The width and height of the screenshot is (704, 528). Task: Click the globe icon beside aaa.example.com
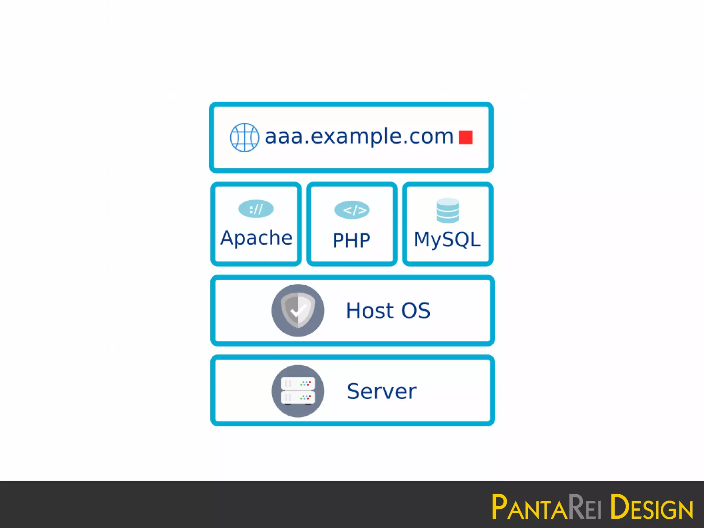(244, 137)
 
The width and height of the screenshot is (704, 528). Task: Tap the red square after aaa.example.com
(466, 137)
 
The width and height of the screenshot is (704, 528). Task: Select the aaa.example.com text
(359, 136)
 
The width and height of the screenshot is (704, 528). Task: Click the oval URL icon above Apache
(256, 209)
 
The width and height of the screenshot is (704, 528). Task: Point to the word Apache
(256, 238)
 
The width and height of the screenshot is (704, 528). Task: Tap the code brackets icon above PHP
(352, 210)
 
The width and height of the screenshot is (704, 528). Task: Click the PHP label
(351, 240)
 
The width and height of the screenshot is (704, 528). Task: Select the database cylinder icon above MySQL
(448, 210)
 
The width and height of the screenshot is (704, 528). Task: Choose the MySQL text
(447, 239)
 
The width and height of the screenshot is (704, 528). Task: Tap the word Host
(370, 310)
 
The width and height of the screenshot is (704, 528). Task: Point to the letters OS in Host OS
(416, 310)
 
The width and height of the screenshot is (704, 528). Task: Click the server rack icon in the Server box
(298, 391)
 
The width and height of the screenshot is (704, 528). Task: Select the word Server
(382, 391)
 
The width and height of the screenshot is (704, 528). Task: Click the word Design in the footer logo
(652, 507)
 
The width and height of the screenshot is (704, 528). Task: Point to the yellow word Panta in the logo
(529, 507)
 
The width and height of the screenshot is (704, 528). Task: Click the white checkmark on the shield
(298, 310)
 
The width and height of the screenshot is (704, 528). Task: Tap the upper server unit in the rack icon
(298, 383)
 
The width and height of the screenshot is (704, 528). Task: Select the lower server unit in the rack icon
(298, 398)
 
